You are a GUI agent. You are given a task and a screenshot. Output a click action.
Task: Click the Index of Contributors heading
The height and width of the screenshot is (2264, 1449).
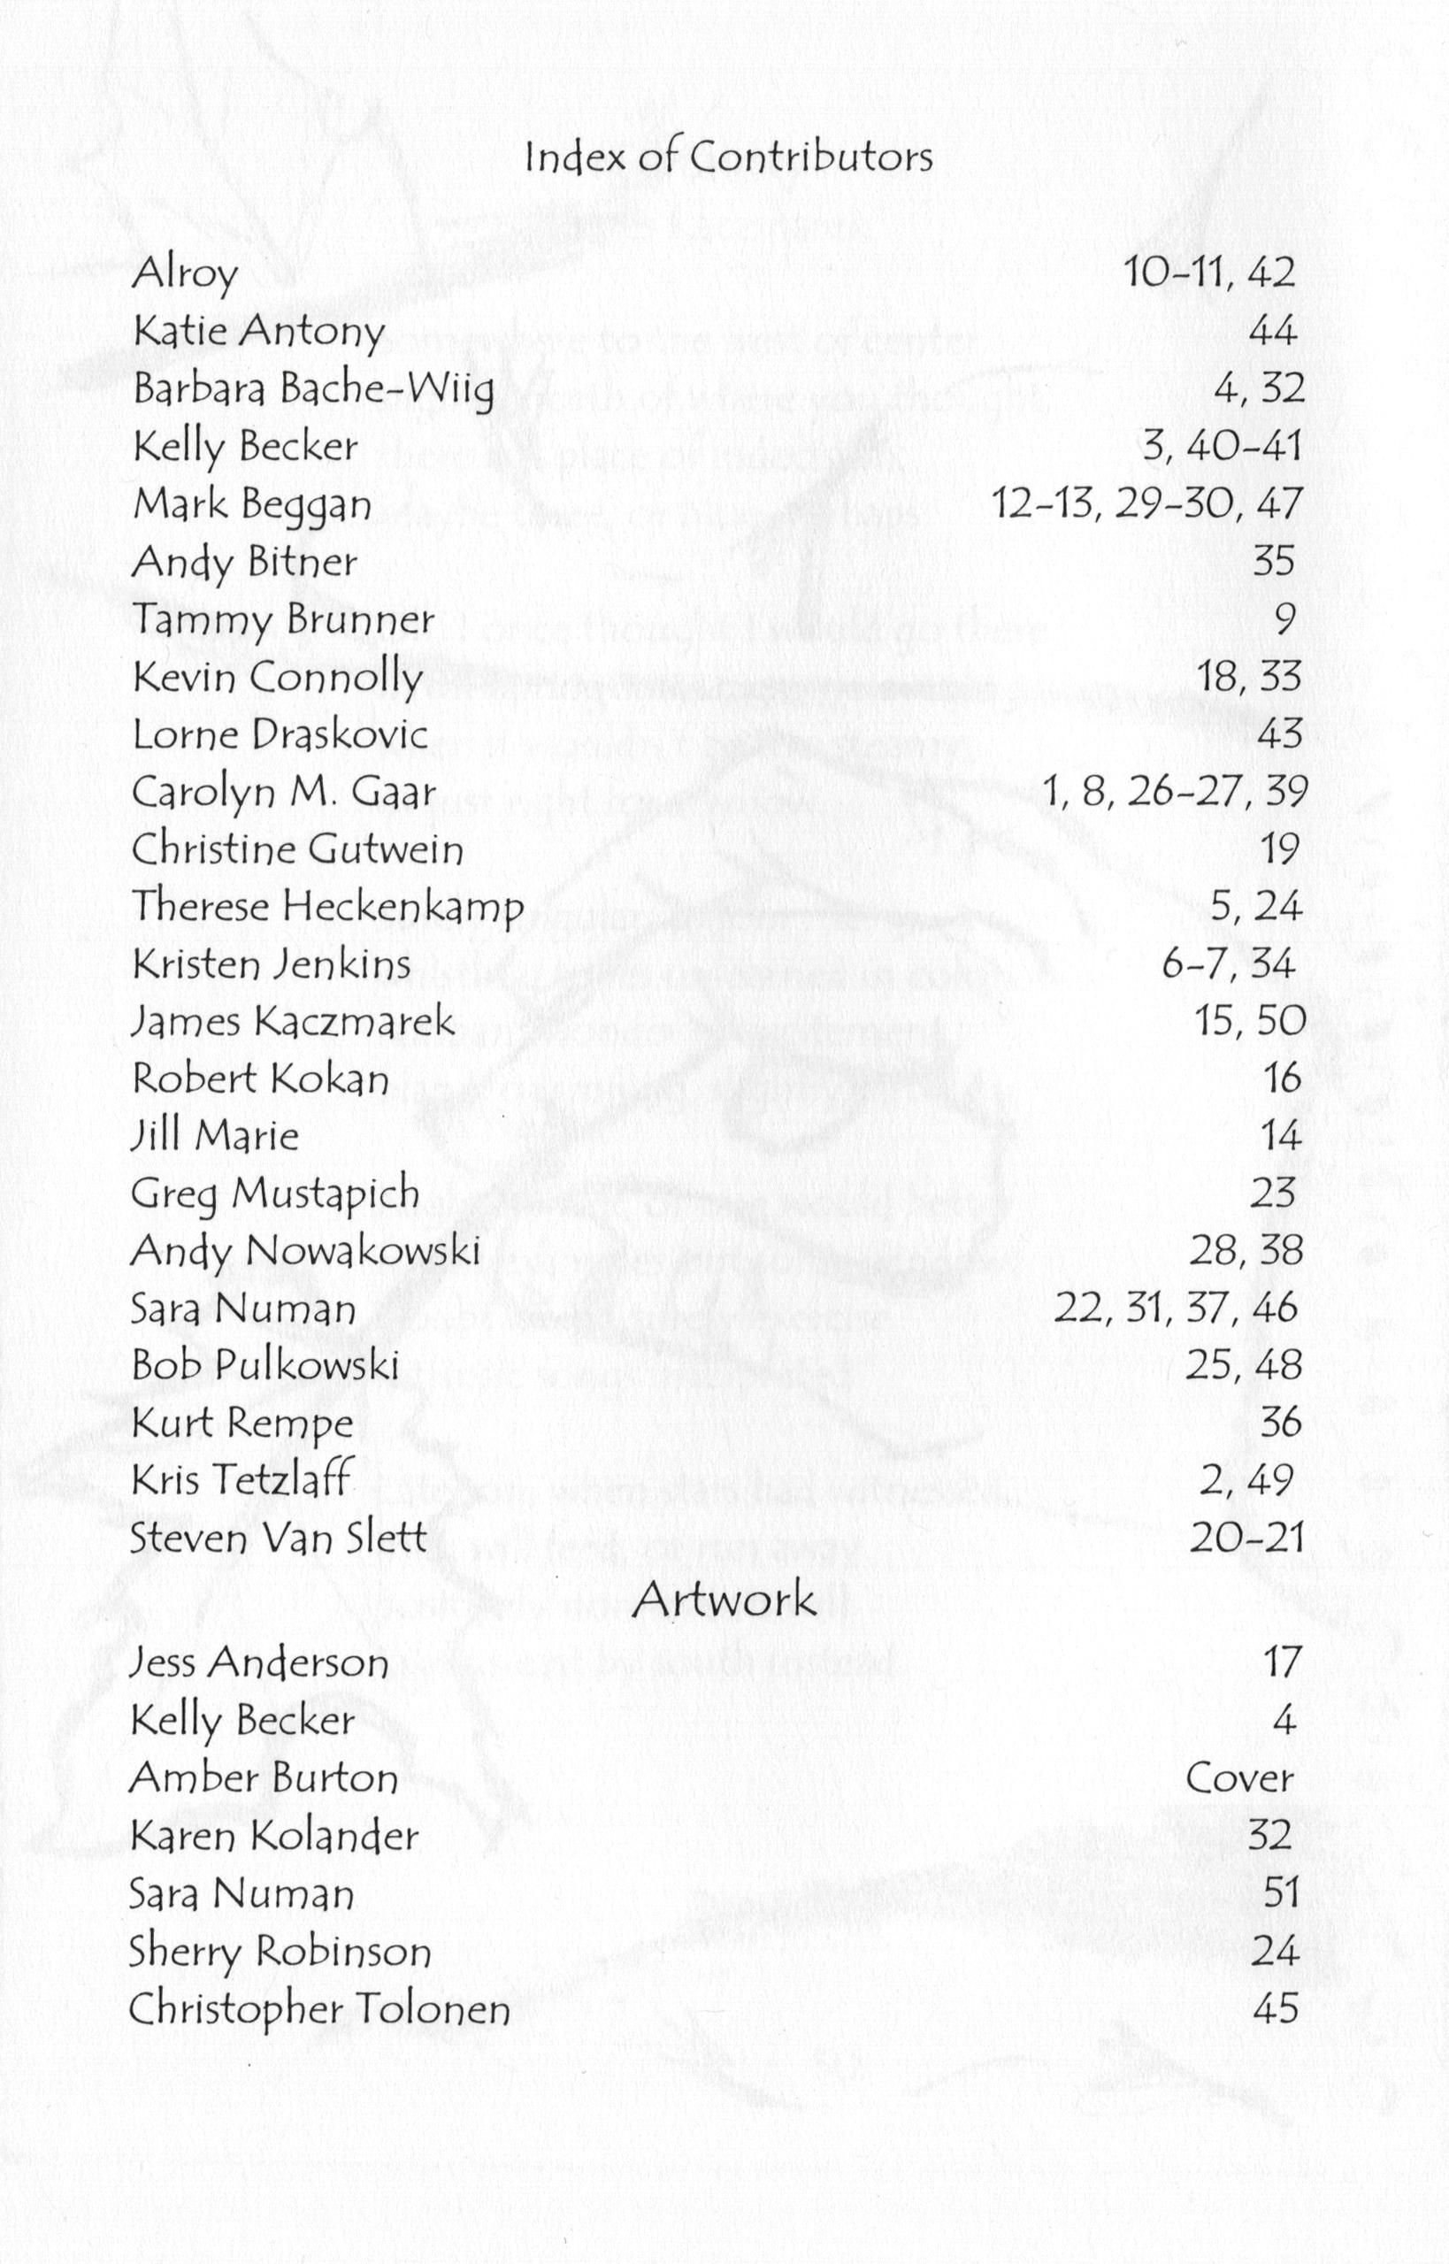tap(728, 157)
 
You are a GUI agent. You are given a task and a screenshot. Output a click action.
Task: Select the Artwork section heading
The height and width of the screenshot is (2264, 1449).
tap(723, 1599)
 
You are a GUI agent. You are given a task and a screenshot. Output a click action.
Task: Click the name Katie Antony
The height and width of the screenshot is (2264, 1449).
tap(258, 331)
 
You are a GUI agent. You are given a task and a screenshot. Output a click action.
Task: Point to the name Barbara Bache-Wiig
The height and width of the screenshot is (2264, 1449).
tap(313, 389)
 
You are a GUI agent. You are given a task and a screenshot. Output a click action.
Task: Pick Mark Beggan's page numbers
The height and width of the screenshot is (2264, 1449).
tap(1147, 504)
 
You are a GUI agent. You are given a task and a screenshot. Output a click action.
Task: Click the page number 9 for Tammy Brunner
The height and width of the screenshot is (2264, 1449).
tap(1284, 619)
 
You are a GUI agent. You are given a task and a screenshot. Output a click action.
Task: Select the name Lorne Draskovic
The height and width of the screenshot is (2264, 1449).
tap(280, 734)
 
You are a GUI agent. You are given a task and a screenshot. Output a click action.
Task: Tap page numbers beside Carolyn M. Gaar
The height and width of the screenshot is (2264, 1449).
tap(1174, 791)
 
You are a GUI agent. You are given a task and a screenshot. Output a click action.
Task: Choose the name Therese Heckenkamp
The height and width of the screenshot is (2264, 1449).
tap(326, 906)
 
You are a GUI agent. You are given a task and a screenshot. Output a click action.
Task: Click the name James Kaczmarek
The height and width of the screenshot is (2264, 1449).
tap(293, 1021)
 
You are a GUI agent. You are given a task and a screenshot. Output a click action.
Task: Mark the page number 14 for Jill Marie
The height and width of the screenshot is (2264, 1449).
tap(1281, 1136)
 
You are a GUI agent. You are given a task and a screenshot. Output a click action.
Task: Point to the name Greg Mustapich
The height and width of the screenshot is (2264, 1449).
tap(275, 1194)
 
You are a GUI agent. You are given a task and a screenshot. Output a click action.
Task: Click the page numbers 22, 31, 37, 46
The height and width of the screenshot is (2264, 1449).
tap(1177, 1308)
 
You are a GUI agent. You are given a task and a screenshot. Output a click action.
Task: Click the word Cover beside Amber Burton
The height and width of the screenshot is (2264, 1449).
tap(1239, 1777)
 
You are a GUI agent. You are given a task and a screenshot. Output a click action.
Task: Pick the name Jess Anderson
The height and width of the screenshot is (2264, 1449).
tap(258, 1662)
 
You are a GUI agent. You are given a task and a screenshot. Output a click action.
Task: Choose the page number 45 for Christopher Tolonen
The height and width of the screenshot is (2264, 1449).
tap(1275, 2008)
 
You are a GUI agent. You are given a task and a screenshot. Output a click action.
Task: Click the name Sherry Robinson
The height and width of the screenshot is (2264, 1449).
tap(280, 1951)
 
